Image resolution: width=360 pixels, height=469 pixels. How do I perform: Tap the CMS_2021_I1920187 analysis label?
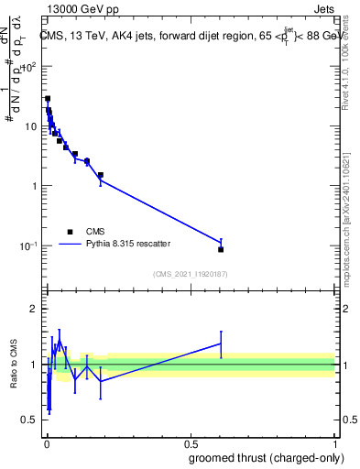coord(190,274)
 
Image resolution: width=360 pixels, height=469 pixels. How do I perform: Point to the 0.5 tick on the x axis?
coord(190,443)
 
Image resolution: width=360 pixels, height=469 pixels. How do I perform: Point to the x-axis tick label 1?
coord(334,443)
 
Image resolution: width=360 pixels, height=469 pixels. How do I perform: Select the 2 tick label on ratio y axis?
coord(36,309)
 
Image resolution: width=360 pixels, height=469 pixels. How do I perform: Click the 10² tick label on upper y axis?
coord(30,66)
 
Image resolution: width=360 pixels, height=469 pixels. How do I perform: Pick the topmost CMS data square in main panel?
coord(48,98)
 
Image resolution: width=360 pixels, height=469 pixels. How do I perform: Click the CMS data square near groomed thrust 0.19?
coord(101,174)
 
